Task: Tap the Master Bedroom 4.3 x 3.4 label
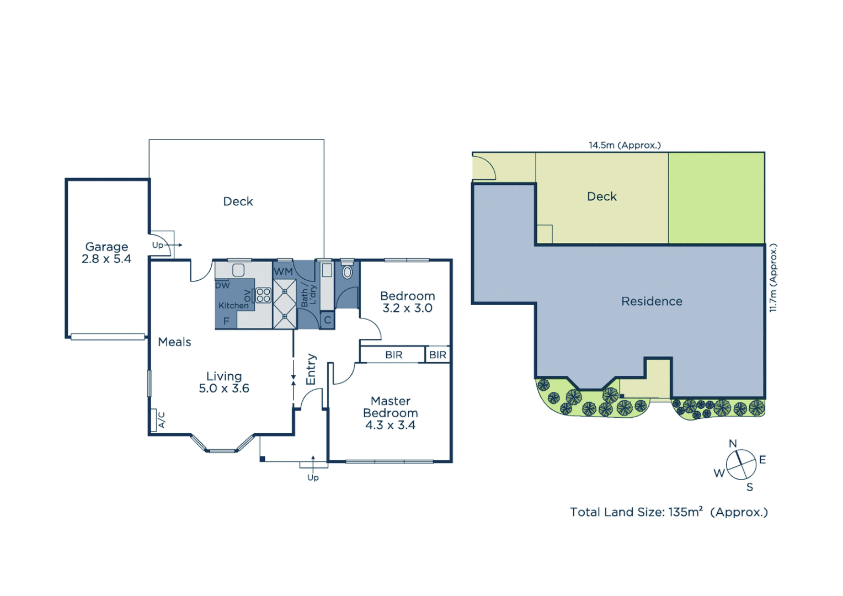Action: [391, 413]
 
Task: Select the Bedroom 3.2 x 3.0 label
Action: [408, 302]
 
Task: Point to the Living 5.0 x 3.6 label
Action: [224, 382]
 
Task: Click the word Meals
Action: [174, 342]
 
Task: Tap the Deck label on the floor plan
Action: [238, 201]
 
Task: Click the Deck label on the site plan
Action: [601, 196]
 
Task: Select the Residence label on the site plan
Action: [652, 301]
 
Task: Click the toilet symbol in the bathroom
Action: [347, 272]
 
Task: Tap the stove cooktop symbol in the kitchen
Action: [263, 295]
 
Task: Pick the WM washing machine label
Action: [283, 272]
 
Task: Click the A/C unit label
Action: [161, 421]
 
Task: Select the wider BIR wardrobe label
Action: [394, 355]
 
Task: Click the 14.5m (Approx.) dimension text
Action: [625, 145]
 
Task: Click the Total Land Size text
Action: [669, 512]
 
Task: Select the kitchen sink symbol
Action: [238, 270]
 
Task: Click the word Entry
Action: [311, 369]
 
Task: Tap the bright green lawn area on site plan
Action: [716, 198]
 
